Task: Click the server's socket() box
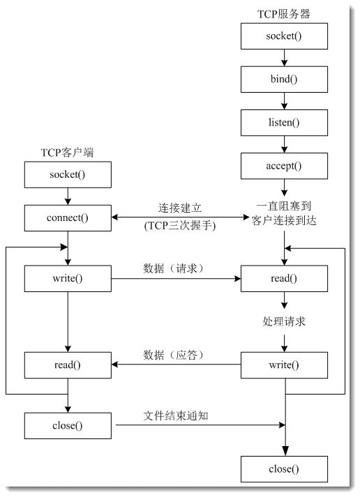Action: coord(283,36)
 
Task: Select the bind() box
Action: coord(283,79)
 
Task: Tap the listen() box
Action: coord(283,122)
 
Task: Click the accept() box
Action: coord(283,165)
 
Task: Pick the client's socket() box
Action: coord(68,175)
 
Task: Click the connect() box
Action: coord(68,217)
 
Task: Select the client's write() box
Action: coord(68,279)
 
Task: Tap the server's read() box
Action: coord(283,279)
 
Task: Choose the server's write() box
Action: coord(283,365)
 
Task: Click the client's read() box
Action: coord(68,365)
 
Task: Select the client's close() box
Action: coord(68,425)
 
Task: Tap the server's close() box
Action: coord(283,468)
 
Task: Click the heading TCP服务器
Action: coord(283,14)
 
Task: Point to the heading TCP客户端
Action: coord(68,153)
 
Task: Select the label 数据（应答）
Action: coord(177,354)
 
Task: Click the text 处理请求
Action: coord(283,322)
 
